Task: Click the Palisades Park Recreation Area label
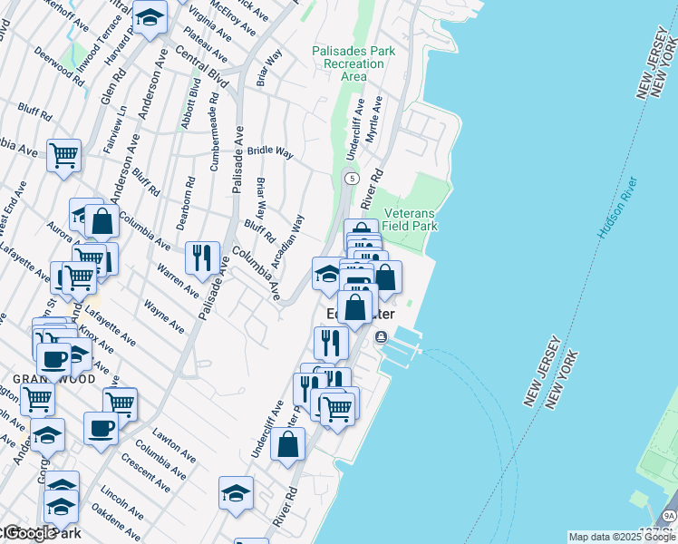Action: coord(354,64)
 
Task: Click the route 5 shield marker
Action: coord(351,178)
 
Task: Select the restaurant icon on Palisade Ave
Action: coord(202,257)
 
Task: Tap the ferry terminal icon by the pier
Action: coord(380,337)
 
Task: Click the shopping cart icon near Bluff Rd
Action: coord(63,155)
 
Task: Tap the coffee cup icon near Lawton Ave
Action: coord(101,426)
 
